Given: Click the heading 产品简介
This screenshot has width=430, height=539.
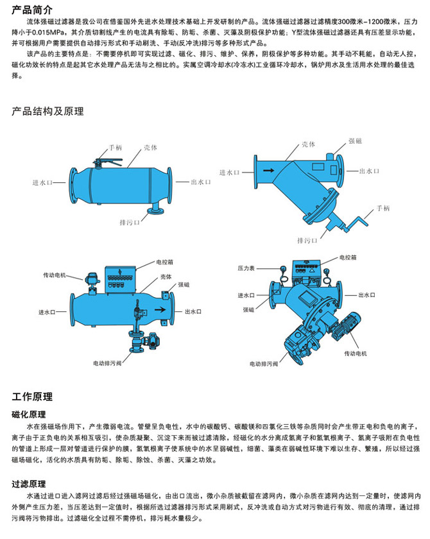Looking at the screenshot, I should (x=33, y=10).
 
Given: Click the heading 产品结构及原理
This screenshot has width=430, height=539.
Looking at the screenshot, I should (x=48, y=111).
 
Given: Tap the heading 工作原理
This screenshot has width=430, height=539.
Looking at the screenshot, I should (x=33, y=397).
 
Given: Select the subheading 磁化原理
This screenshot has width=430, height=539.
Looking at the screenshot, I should (x=30, y=414).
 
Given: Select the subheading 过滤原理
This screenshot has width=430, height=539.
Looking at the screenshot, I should (x=30, y=481).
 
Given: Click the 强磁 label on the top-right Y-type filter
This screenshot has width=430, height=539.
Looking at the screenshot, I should (x=356, y=141).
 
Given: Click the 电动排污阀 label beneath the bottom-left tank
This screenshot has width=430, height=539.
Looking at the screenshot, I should (x=107, y=363).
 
